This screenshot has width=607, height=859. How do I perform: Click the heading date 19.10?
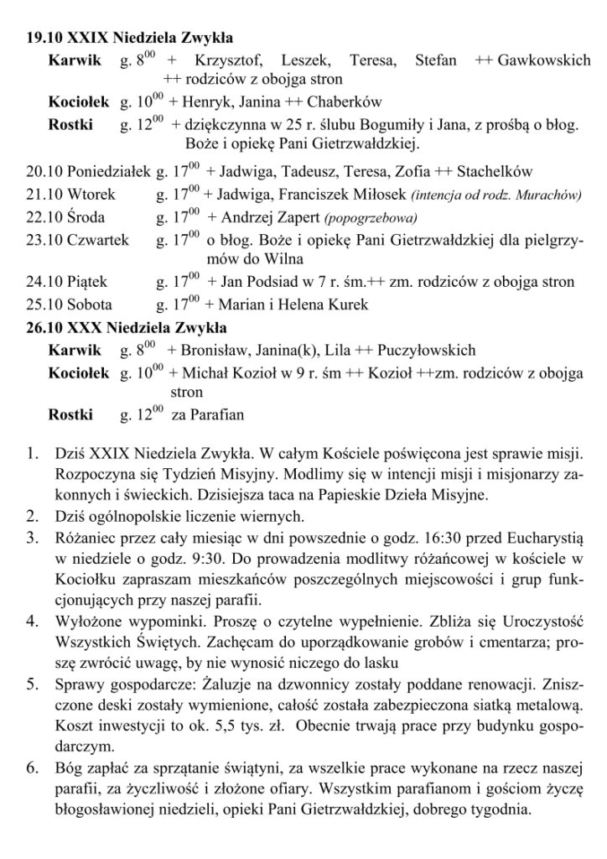42,39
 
